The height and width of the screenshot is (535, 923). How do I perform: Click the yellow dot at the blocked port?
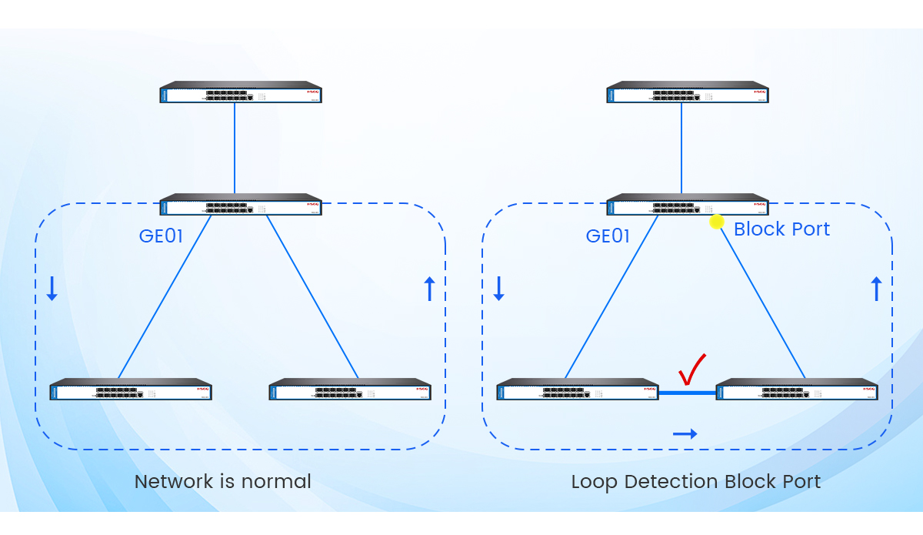click(x=716, y=222)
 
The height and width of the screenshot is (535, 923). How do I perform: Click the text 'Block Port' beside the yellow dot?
click(x=781, y=229)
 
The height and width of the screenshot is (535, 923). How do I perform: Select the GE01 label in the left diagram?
click(x=161, y=236)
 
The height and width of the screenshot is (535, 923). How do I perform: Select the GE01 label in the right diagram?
click(x=608, y=236)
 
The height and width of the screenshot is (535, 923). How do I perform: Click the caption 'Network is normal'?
click(x=223, y=482)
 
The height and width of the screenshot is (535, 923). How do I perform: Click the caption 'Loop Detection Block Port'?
click(x=695, y=482)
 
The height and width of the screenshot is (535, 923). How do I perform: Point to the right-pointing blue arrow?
click(x=685, y=434)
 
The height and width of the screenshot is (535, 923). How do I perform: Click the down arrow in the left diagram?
click(x=52, y=288)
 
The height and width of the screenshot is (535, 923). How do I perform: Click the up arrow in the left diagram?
click(x=429, y=289)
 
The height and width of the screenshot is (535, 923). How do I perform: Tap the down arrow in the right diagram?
click(x=498, y=288)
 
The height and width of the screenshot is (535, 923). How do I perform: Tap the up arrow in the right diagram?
click(x=875, y=289)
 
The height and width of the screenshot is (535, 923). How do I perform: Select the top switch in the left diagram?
click(x=241, y=92)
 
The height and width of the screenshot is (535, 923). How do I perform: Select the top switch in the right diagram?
click(x=688, y=92)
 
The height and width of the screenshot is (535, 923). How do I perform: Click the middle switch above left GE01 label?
click(x=241, y=206)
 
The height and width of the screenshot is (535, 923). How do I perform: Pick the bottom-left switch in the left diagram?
click(x=131, y=390)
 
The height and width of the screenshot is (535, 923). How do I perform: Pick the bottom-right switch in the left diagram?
click(x=350, y=390)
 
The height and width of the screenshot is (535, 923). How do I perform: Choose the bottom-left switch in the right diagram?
click(x=578, y=390)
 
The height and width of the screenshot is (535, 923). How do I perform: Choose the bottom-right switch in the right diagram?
click(x=797, y=390)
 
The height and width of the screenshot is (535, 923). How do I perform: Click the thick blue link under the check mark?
click(x=688, y=393)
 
